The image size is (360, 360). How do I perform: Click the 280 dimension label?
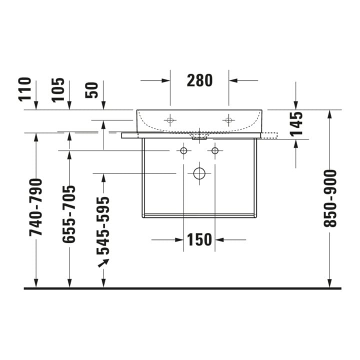pos(199,80)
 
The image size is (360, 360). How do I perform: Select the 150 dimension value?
pos(199,239)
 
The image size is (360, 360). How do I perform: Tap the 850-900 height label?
pos(329,198)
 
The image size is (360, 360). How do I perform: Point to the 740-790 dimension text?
pos(36,207)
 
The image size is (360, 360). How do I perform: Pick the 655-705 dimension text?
pos(69,214)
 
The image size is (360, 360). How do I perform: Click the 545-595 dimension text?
pos(103,226)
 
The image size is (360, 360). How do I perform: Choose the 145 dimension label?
pos(296,124)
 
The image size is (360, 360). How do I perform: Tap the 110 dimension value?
pos(24,89)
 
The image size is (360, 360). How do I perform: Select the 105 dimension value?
pos(58,90)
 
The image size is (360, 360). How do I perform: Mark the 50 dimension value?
pos(91,90)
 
